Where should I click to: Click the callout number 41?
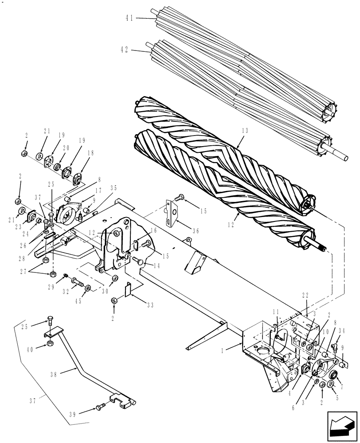point(129,18)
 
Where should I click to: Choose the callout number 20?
point(66,148)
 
